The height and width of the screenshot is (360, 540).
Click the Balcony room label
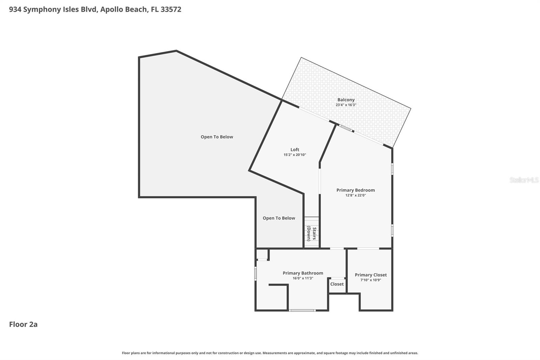[x=346, y=100]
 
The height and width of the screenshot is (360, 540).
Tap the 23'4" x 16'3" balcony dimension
[x=346, y=105]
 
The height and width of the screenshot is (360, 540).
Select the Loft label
[x=295, y=150]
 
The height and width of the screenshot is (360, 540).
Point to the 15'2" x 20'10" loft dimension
[x=295, y=155]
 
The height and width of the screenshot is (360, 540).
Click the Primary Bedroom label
[x=355, y=190]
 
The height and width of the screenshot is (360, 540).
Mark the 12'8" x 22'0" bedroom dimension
[x=355, y=195]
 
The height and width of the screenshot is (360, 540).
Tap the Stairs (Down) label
[x=311, y=234]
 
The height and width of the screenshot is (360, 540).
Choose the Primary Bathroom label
[x=303, y=273]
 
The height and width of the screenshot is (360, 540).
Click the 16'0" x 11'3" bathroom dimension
[x=303, y=278]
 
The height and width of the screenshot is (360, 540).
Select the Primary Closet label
[x=371, y=275]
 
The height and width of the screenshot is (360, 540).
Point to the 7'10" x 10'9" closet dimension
[x=371, y=280]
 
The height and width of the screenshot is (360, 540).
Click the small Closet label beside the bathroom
[x=337, y=284]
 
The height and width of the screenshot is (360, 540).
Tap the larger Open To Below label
[x=217, y=137]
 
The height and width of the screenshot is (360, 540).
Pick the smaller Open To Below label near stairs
[x=279, y=218]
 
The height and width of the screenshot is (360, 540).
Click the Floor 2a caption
[x=23, y=324]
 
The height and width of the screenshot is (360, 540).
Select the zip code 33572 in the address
[x=171, y=9]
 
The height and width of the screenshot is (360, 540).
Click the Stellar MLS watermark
[x=524, y=180]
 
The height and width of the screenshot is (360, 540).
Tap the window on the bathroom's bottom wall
[x=302, y=310]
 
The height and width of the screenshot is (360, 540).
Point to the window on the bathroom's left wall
[x=255, y=273]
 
